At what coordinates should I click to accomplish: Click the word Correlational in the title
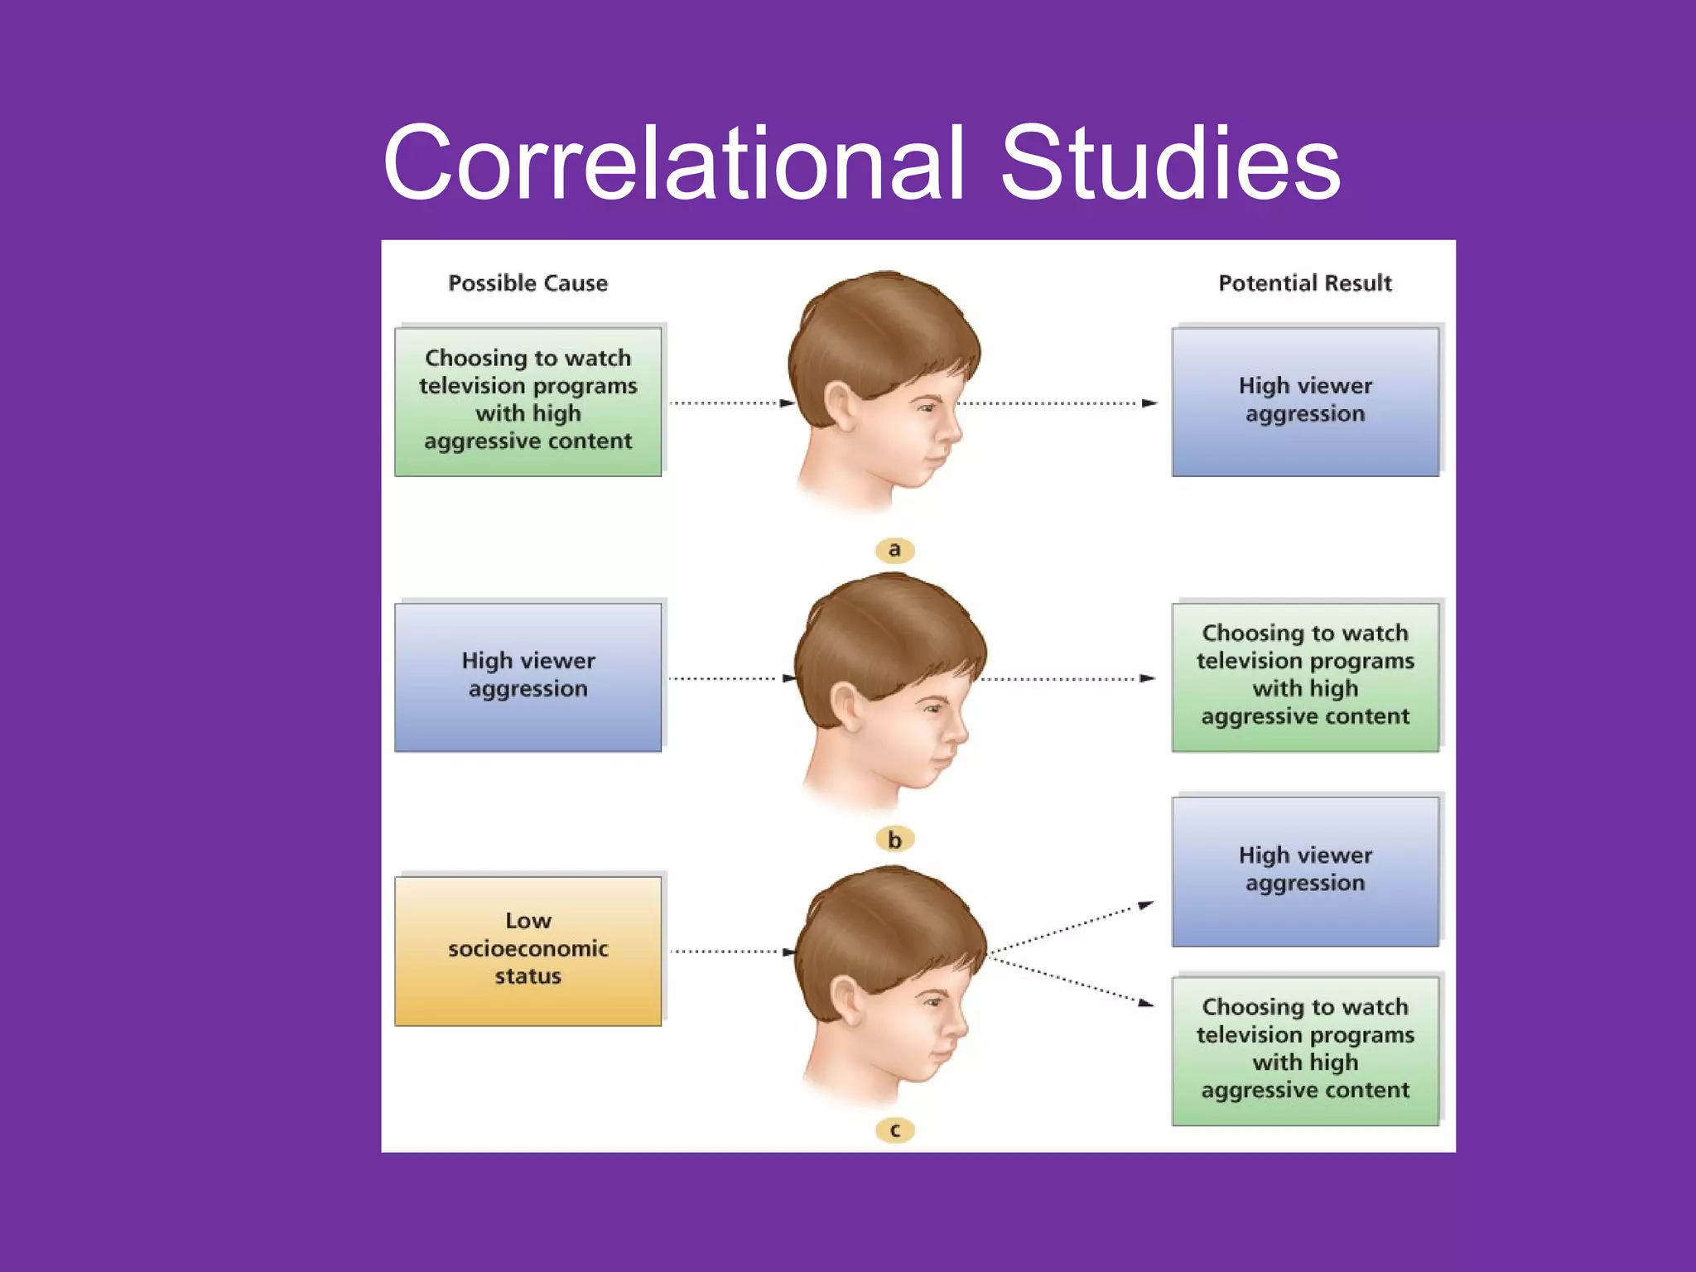click(x=673, y=163)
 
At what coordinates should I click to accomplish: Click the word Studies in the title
click(x=1170, y=163)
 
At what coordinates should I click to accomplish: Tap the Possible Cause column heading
click(x=528, y=283)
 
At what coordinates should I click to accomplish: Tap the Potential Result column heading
click(x=1304, y=283)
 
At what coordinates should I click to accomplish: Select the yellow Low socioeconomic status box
click(x=528, y=951)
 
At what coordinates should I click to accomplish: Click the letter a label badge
click(x=894, y=550)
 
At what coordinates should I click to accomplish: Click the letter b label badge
click(x=894, y=840)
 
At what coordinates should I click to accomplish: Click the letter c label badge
click(x=894, y=1130)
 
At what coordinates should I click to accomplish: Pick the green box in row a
click(x=528, y=402)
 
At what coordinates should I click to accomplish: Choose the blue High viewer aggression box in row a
click(x=1305, y=402)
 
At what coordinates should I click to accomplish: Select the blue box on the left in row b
click(x=528, y=677)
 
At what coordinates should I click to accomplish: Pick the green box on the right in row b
click(x=1305, y=677)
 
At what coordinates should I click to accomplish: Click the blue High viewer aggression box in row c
click(x=1305, y=871)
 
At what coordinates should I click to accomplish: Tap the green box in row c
click(x=1305, y=1050)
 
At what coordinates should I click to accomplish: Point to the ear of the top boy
click(x=838, y=406)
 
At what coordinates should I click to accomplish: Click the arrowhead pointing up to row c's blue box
click(x=1146, y=905)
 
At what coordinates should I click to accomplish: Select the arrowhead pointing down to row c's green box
click(x=1146, y=1004)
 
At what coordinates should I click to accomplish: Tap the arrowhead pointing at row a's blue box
click(x=1149, y=403)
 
